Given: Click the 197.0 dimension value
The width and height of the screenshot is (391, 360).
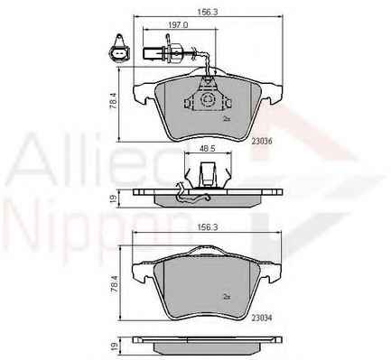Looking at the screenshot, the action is [x=178, y=25].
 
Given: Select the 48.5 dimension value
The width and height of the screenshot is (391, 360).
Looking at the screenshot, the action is [x=208, y=149].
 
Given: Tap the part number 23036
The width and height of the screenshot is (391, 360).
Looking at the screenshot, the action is [x=262, y=141].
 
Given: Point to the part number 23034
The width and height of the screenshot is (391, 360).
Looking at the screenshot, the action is [x=262, y=318].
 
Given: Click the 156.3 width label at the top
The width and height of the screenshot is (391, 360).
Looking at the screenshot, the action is [x=207, y=12].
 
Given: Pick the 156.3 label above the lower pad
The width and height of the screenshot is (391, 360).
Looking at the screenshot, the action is [x=207, y=227].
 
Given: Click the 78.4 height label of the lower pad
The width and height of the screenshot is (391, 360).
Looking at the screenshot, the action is [x=114, y=284].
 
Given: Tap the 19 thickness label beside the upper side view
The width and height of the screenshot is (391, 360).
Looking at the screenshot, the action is [x=114, y=198].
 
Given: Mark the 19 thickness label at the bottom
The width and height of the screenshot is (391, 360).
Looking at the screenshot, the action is [x=114, y=346].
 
